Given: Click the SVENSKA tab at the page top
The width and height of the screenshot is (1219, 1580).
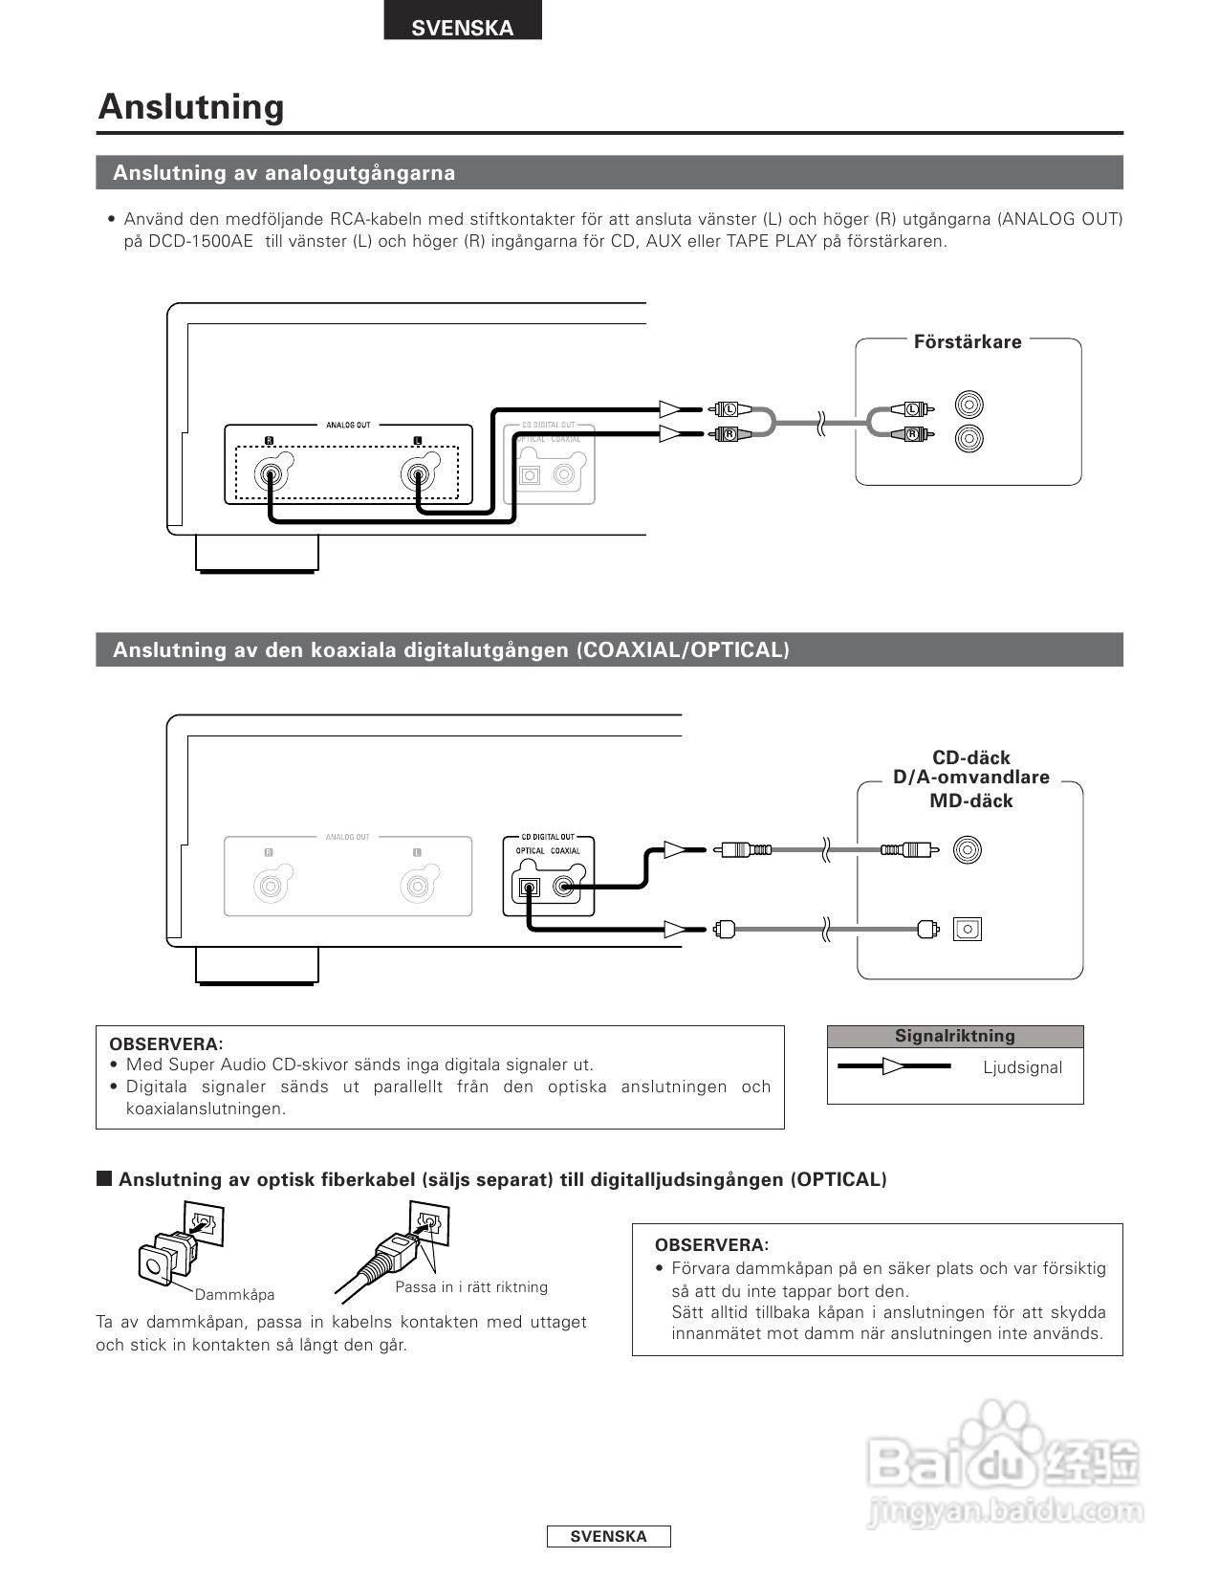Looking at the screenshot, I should click(x=463, y=27).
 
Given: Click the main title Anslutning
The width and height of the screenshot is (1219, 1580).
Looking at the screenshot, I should click(x=191, y=106).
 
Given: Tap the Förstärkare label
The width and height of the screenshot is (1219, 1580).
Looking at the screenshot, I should click(x=967, y=341).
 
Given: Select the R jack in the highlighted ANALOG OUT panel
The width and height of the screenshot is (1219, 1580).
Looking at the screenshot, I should click(x=270, y=474).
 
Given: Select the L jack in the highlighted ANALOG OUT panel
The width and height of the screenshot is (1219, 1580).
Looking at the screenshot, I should click(x=418, y=474).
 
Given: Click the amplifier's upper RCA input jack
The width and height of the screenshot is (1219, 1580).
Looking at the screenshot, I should click(x=969, y=406).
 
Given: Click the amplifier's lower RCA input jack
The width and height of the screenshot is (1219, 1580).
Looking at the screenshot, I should click(x=969, y=438).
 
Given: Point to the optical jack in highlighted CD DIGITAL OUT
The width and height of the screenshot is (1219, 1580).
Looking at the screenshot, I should click(x=529, y=888).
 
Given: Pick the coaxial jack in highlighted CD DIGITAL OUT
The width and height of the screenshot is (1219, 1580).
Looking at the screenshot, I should click(x=565, y=888).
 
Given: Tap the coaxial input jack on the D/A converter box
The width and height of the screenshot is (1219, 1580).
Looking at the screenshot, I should click(x=968, y=849).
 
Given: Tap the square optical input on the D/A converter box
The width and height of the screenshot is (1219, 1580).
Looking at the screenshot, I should click(x=968, y=929).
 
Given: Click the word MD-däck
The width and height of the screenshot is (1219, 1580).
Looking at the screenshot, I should click(x=970, y=801).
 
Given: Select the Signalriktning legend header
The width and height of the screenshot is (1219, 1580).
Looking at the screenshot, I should click(x=954, y=1036).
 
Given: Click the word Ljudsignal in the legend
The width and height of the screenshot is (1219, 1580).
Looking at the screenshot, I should click(x=1022, y=1067).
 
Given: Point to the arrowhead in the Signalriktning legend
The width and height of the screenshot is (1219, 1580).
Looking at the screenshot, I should click(x=893, y=1066).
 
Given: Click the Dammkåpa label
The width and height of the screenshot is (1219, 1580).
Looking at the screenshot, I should click(x=234, y=1294).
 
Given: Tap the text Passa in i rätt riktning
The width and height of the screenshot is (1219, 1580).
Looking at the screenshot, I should click(x=471, y=1286).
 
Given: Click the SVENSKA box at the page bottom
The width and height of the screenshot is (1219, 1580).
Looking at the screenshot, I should click(x=608, y=1536).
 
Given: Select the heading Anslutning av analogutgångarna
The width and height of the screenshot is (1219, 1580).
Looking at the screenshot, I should click(x=284, y=173).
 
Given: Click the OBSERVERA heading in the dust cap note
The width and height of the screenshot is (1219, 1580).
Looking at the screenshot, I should click(x=711, y=1245).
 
